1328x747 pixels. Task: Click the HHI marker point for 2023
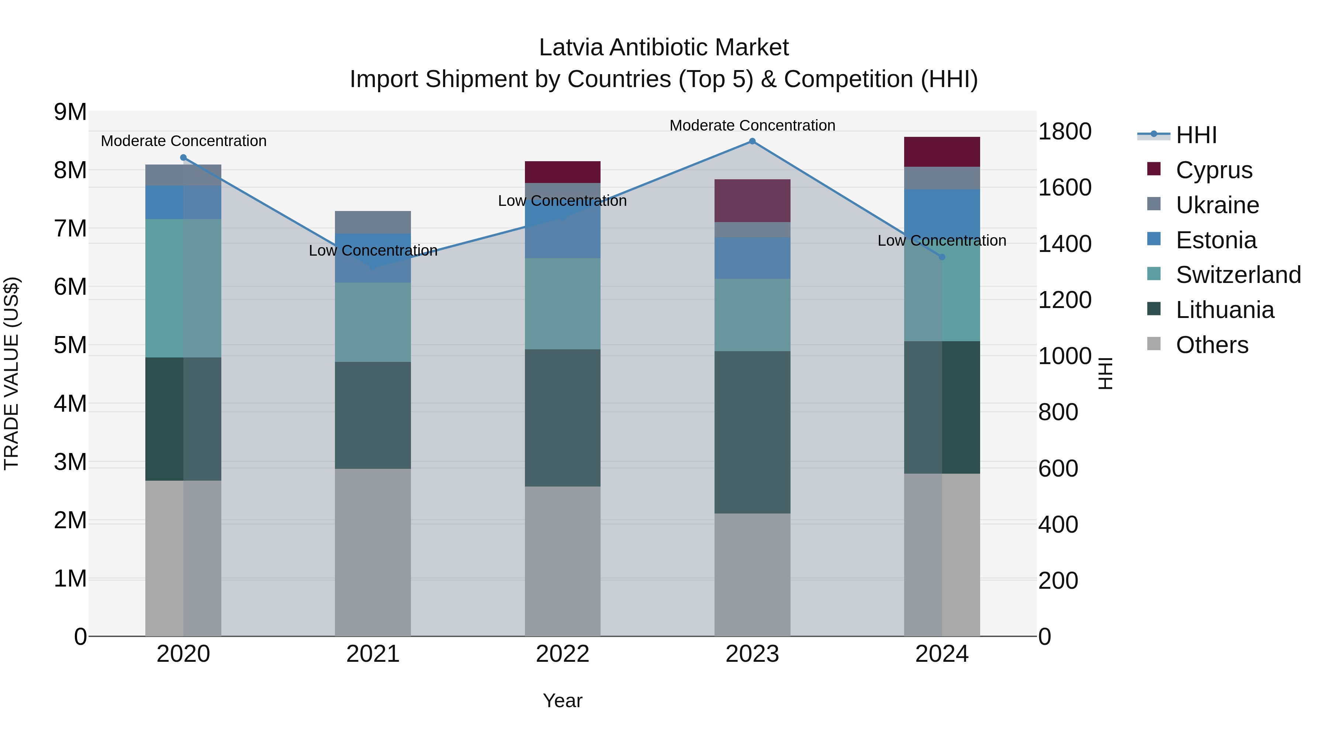(x=752, y=141)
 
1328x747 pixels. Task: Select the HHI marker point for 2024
(x=942, y=257)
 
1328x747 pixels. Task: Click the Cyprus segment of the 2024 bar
(x=942, y=152)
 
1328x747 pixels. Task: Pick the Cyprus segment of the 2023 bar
(x=752, y=201)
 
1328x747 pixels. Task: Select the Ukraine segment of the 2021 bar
(x=373, y=222)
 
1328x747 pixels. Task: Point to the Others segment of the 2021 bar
(x=373, y=551)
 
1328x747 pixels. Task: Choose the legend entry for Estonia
(x=1215, y=240)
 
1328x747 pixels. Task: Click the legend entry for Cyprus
(x=1214, y=170)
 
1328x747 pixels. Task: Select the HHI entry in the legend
(x=1196, y=135)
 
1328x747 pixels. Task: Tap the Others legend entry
(x=1211, y=345)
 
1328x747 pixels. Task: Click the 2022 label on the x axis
(x=563, y=654)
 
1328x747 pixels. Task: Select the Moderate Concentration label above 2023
(x=752, y=125)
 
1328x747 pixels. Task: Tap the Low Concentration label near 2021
(x=373, y=250)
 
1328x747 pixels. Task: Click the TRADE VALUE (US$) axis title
(x=12, y=373)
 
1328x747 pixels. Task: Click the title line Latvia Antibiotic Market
(x=664, y=48)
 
